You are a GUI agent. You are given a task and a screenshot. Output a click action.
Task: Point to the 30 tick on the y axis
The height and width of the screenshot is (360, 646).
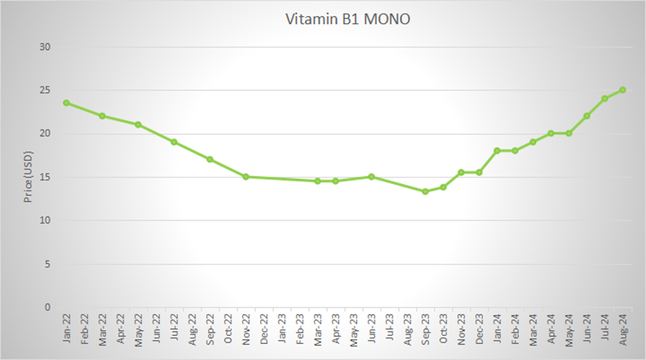click(45, 47)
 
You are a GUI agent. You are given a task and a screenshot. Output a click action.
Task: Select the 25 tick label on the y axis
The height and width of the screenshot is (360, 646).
click(45, 90)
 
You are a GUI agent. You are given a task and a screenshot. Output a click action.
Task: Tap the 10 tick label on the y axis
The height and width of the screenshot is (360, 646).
click(45, 220)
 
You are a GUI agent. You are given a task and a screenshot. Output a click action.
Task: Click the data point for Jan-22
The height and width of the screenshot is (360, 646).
click(66, 103)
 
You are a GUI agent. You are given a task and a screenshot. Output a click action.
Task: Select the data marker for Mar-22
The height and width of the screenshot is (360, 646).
click(102, 115)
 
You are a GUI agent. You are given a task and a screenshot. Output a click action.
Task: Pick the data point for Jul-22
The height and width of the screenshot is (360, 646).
click(174, 142)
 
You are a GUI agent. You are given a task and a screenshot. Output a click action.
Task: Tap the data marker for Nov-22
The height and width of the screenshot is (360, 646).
click(245, 177)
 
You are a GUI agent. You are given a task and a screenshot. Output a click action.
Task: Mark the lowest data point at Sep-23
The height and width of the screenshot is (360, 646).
click(425, 191)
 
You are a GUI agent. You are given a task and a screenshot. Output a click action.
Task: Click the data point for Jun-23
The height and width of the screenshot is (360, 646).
click(371, 177)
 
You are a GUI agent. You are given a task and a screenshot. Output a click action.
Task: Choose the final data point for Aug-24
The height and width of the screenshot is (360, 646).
click(623, 90)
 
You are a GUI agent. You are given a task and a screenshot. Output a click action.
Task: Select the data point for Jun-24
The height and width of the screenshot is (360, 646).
click(587, 115)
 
